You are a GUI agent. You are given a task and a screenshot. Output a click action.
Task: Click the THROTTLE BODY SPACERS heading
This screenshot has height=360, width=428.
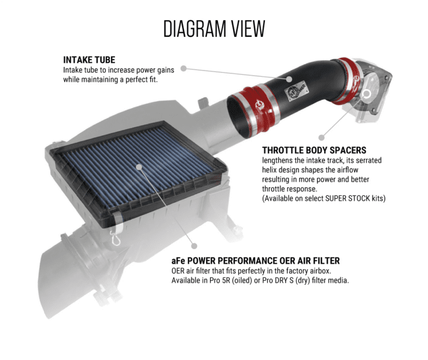314,150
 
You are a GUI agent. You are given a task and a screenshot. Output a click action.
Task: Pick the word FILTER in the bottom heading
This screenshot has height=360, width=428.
324,261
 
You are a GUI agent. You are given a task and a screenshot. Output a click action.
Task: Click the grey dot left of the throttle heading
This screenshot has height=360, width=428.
322,137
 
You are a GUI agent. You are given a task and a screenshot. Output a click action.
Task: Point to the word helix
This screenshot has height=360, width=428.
271,170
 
